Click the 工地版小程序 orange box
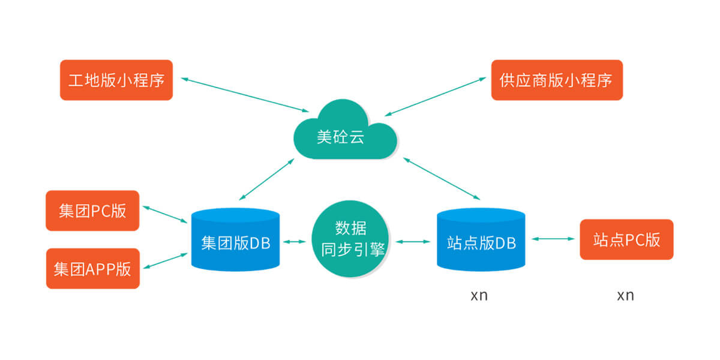[116, 80]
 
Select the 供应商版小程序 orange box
[557, 80]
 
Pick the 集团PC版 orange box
[92, 211]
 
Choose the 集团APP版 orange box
[92, 268]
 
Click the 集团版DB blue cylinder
[236, 240]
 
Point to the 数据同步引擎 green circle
[350, 239]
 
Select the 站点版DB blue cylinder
[481, 240]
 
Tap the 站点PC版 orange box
[626, 239]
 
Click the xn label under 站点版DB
[479, 296]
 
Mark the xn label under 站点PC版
[625, 296]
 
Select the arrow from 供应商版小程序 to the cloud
[435, 95]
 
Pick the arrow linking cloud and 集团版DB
[266, 179]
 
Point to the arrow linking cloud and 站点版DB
[442, 178]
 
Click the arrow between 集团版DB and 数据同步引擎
[295, 242]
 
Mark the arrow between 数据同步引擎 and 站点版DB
[413, 242]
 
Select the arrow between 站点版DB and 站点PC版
[553, 239]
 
